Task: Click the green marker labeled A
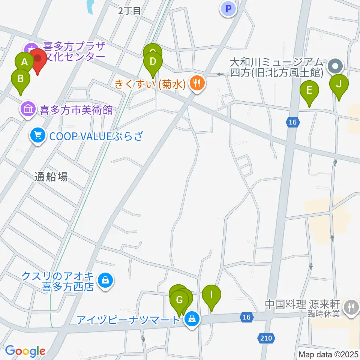(25, 62)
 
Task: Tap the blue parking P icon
(229, 9)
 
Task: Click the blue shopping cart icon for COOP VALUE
(37, 135)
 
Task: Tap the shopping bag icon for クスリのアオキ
(105, 280)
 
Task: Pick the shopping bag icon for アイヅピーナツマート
(192, 319)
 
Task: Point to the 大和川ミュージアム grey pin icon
(335, 67)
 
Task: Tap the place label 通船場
(51, 177)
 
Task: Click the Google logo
(25, 351)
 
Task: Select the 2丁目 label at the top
(129, 11)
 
